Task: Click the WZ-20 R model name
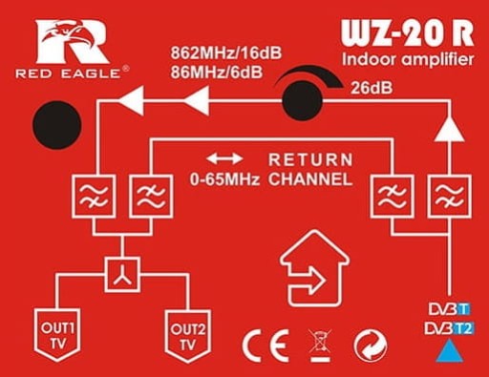pyautogui.click(x=408, y=33)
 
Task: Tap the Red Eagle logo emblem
pyautogui.click(x=73, y=42)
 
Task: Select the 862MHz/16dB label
pyautogui.click(x=226, y=52)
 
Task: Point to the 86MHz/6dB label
pyautogui.click(x=217, y=73)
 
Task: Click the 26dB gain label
pyautogui.click(x=372, y=88)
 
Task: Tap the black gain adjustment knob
pyautogui.click(x=303, y=100)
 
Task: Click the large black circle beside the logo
pyautogui.click(x=57, y=125)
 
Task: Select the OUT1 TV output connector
pyautogui.click(x=57, y=334)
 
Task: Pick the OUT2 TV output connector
pyautogui.click(x=188, y=336)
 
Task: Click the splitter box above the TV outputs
pyautogui.click(x=122, y=275)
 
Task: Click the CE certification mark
pyautogui.click(x=266, y=346)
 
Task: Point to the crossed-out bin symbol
pyautogui.click(x=320, y=346)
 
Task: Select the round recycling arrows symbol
pyautogui.click(x=371, y=346)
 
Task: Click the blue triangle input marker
pyautogui.click(x=450, y=351)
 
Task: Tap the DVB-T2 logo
pyautogui.click(x=450, y=328)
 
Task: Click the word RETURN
pyautogui.click(x=310, y=159)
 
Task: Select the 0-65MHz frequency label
pyautogui.click(x=224, y=179)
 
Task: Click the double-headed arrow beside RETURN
pyautogui.click(x=224, y=158)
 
